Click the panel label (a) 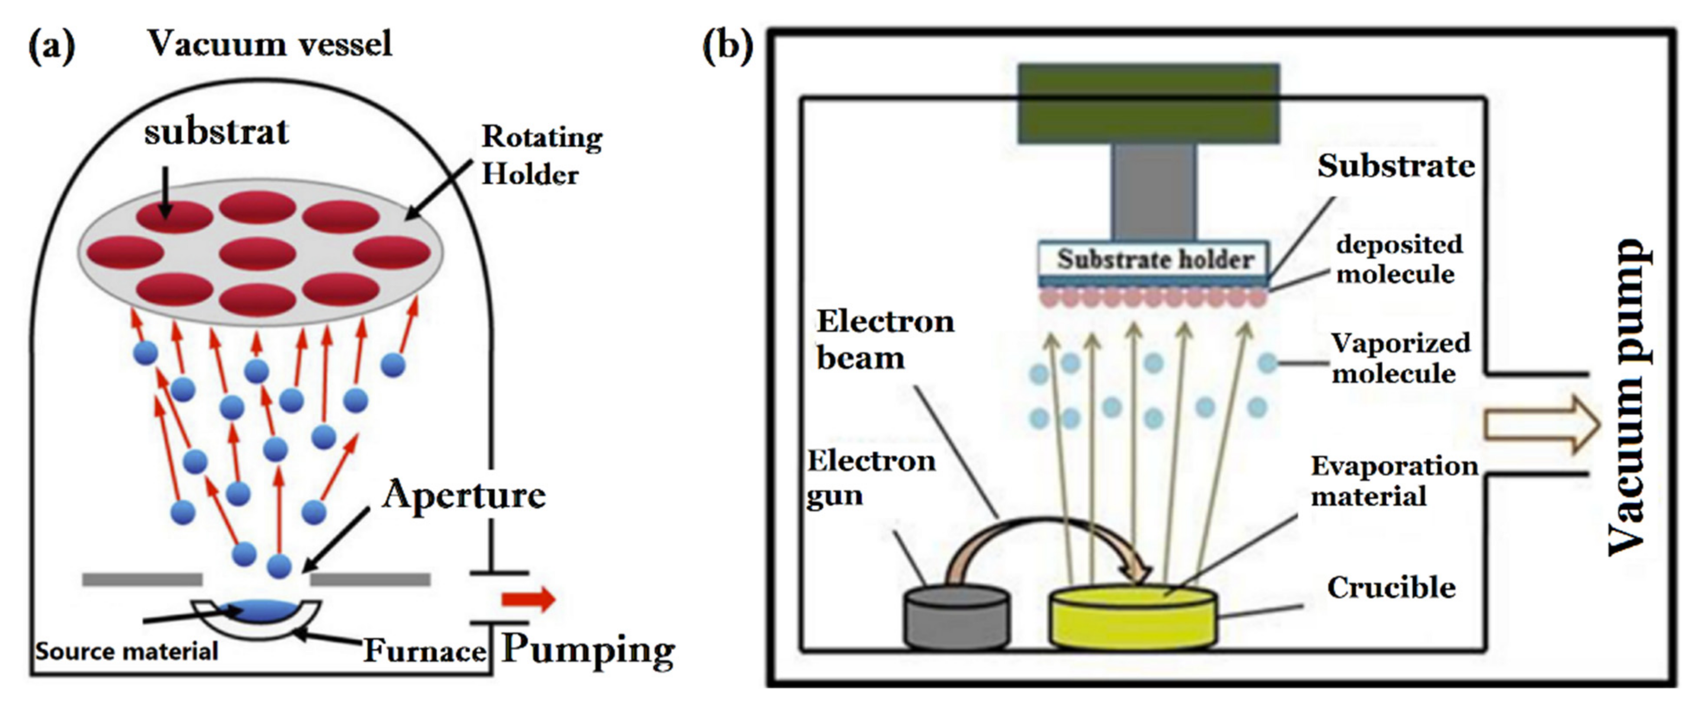coord(52,46)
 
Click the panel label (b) coord(727,46)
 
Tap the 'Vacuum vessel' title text coord(270,44)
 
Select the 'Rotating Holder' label coord(541,156)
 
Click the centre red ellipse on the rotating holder coord(257,254)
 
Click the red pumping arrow coord(528,599)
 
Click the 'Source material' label coord(126,652)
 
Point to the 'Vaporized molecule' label coord(1399,358)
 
